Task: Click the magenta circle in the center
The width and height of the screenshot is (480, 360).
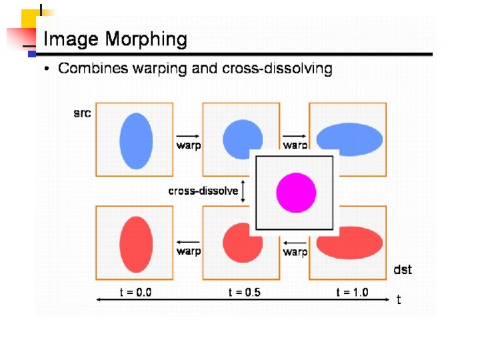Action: point(296,192)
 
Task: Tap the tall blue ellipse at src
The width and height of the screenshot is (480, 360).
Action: point(136,140)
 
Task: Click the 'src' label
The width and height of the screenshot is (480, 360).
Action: point(82,113)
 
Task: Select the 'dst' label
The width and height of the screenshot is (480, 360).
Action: point(403,269)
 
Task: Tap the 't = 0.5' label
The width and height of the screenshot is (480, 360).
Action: point(244,292)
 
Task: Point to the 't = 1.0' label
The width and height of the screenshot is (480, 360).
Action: point(351,292)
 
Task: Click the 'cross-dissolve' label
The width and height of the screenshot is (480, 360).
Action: point(203,191)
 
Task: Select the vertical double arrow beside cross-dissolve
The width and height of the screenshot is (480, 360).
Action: point(244,191)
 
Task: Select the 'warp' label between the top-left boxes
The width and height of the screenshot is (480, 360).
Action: point(189,145)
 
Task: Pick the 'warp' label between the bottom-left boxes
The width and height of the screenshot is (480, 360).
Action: point(189,251)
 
